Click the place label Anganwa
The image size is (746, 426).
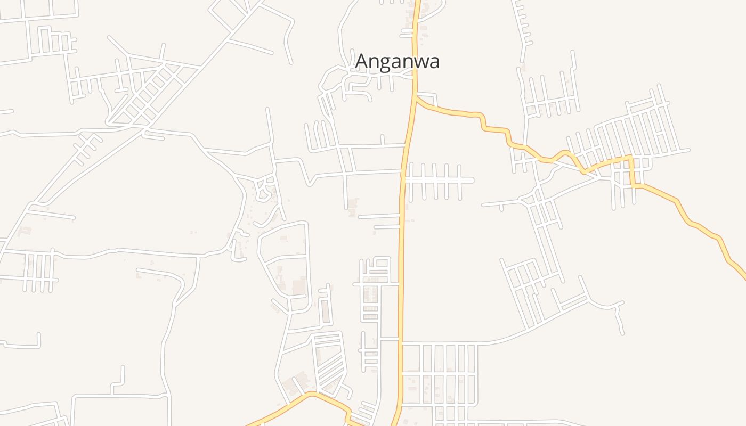pyautogui.click(x=398, y=61)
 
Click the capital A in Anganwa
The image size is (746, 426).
pyautogui.click(x=362, y=61)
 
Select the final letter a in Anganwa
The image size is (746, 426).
pyautogui.click(x=434, y=62)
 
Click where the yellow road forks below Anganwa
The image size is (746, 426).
pyautogui.click(x=415, y=97)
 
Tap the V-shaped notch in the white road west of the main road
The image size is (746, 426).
pyautogui.click(x=309, y=184)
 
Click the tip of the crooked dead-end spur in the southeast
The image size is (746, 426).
pyautogui.click(x=622, y=333)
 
